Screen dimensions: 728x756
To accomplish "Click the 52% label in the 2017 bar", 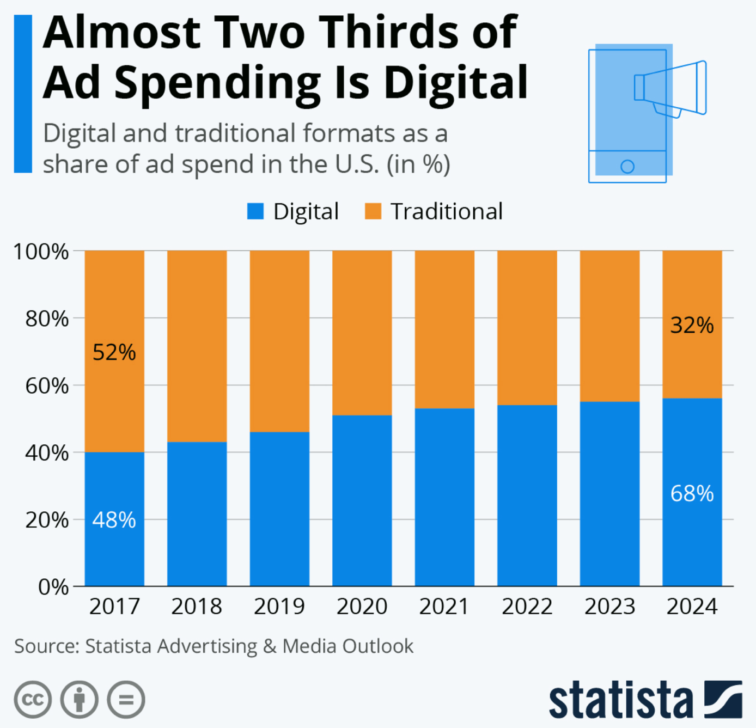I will (x=114, y=352).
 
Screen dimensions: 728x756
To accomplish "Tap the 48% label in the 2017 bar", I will (x=114, y=520).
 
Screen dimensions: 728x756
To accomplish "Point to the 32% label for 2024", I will (x=692, y=325).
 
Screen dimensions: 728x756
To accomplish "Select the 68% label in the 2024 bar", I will (x=692, y=493).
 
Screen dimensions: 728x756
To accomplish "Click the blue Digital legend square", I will (x=255, y=211).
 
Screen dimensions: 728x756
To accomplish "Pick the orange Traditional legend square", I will (x=373, y=211).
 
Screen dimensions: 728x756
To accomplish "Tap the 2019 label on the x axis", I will (x=279, y=606).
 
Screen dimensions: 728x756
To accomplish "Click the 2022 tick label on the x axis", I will (x=527, y=606).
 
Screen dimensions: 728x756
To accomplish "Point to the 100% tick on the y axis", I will (x=41, y=252).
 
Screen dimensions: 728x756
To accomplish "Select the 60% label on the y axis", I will (x=47, y=386).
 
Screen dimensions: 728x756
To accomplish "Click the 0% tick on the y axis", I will (x=53, y=587).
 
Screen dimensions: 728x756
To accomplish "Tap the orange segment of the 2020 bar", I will (x=362, y=332).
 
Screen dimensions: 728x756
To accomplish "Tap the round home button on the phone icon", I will (x=627, y=167).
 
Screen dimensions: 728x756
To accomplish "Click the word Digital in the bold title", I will (x=456, y=83).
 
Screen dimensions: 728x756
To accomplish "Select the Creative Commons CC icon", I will (x=33, y=699).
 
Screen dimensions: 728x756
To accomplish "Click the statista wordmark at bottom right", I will (x=620, y=700).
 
